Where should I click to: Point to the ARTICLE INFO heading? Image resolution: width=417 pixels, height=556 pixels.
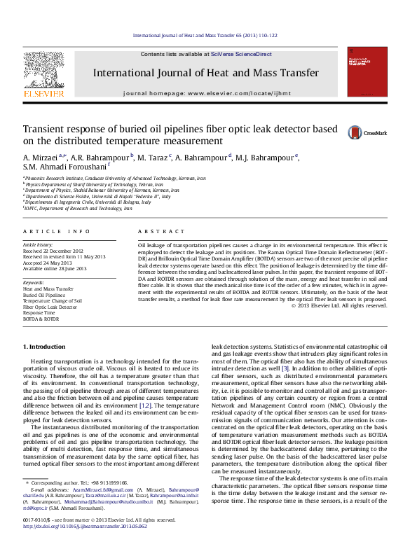[57, 231]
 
